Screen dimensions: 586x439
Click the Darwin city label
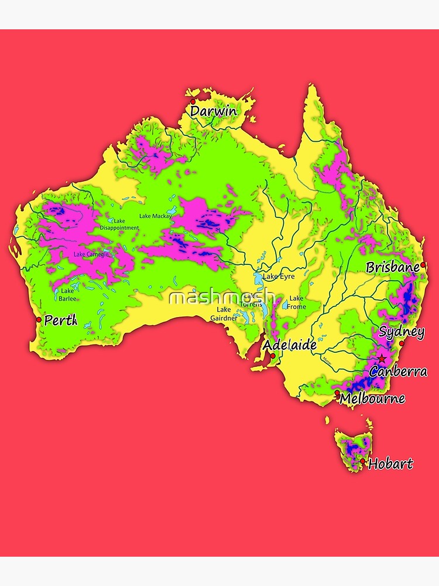coord(214,111)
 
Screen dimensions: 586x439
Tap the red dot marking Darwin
coord(193,101)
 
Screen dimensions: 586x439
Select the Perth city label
coord(61,321)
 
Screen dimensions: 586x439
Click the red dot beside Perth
coord(39,319)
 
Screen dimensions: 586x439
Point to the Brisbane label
coord(393,268)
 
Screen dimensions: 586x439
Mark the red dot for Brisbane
coord(423,265)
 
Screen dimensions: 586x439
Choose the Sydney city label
coord(402,332)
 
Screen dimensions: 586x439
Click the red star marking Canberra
coord(382,358)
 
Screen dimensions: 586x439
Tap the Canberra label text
coord(398,371)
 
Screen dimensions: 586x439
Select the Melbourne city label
coord(372,398)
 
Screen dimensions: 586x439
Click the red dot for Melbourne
coord(337,393)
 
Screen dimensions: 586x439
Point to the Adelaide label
coord(289,345)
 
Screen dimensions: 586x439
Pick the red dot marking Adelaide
coord(273,356)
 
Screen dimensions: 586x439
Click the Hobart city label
coord(390,464)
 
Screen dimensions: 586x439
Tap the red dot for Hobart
coord(363,461)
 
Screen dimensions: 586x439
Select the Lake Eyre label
coord(279,276)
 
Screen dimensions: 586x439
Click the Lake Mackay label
coord(155,216)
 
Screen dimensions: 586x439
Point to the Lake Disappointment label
coord(119,224)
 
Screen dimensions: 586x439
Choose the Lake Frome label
coord(296,302)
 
